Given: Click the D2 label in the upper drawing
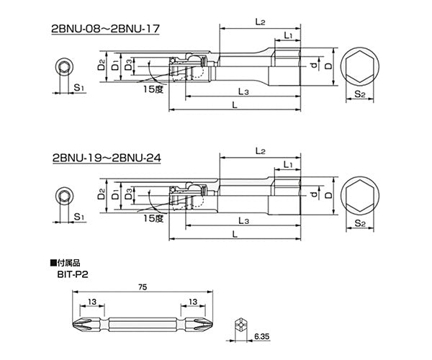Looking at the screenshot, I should coord(102,66).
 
